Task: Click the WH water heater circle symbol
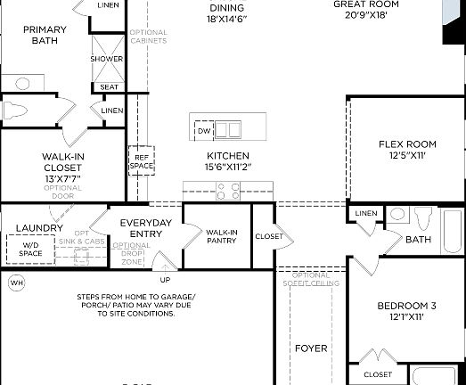coord(15,283)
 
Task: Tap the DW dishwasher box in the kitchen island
coord(204,130)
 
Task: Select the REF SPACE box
coord(142,160)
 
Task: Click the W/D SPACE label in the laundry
coord(30,249)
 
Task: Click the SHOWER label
coord(106,59)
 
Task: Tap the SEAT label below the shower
coord(109,86)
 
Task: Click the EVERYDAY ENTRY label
coord(145,228)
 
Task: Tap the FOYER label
coord(310,348)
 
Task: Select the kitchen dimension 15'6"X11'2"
coord(222,166)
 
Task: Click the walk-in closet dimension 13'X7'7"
coord(63,178)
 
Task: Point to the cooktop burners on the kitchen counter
coord(228,189)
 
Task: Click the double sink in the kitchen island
coord(229,130)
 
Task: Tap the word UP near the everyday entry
coord(163,278)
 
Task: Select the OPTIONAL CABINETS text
coord(148,37)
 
